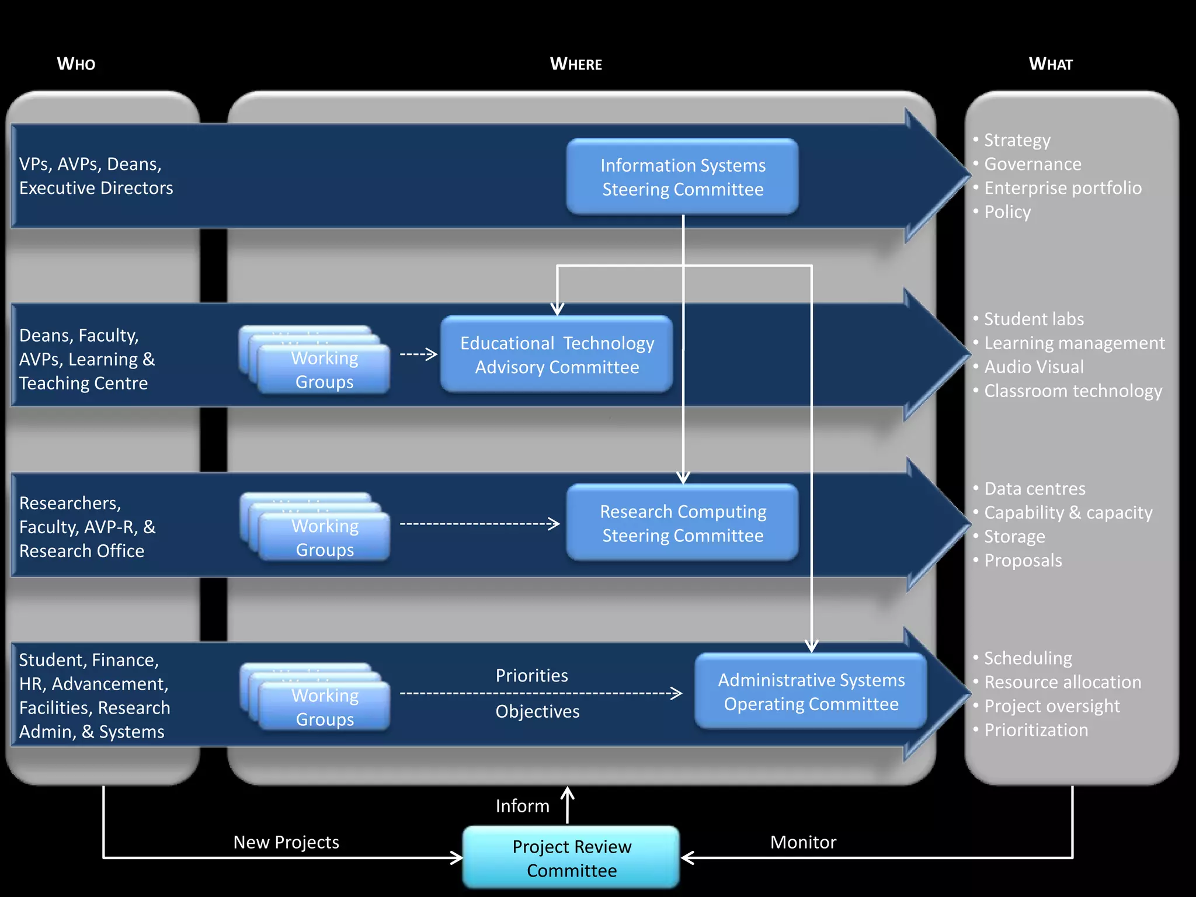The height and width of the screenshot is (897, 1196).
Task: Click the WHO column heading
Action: (x=76, y=64)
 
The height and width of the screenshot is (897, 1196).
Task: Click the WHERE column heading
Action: (x=576, y=64)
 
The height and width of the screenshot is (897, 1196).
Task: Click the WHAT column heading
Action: (x=1051, y=64)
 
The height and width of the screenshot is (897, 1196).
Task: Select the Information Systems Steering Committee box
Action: (x=682, y=177)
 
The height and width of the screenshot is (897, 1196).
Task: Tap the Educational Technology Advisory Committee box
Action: (x=557, y=354)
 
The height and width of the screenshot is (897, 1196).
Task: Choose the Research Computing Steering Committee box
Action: (x=682, y=523)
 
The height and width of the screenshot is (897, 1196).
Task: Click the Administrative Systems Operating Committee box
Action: (x=811, y=691)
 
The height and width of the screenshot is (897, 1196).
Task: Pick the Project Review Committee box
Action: (x=571, y=858)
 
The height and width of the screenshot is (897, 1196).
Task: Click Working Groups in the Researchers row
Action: (x=325, y=537)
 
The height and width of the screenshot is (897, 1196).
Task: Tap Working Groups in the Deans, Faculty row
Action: (x=324, y=369)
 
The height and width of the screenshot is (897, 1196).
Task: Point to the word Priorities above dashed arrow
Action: (x=531, y=676)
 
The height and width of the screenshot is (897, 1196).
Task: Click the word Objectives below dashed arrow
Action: (x=537, y=711)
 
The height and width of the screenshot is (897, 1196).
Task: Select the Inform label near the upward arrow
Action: (x=522, y=806)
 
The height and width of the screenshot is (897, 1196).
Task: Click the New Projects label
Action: (x=286, y=842)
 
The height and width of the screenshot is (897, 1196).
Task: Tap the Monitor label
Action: (x=803, y=842)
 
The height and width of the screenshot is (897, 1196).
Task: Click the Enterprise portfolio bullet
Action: (x=1062, y=188)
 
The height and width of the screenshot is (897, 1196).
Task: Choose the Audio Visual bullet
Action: (x=1034, y=367)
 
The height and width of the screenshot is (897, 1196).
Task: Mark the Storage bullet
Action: (x=1014, y=536)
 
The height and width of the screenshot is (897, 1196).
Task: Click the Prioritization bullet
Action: (x=1036, y=730)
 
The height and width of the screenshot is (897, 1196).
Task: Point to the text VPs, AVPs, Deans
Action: (x=91, y=164)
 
